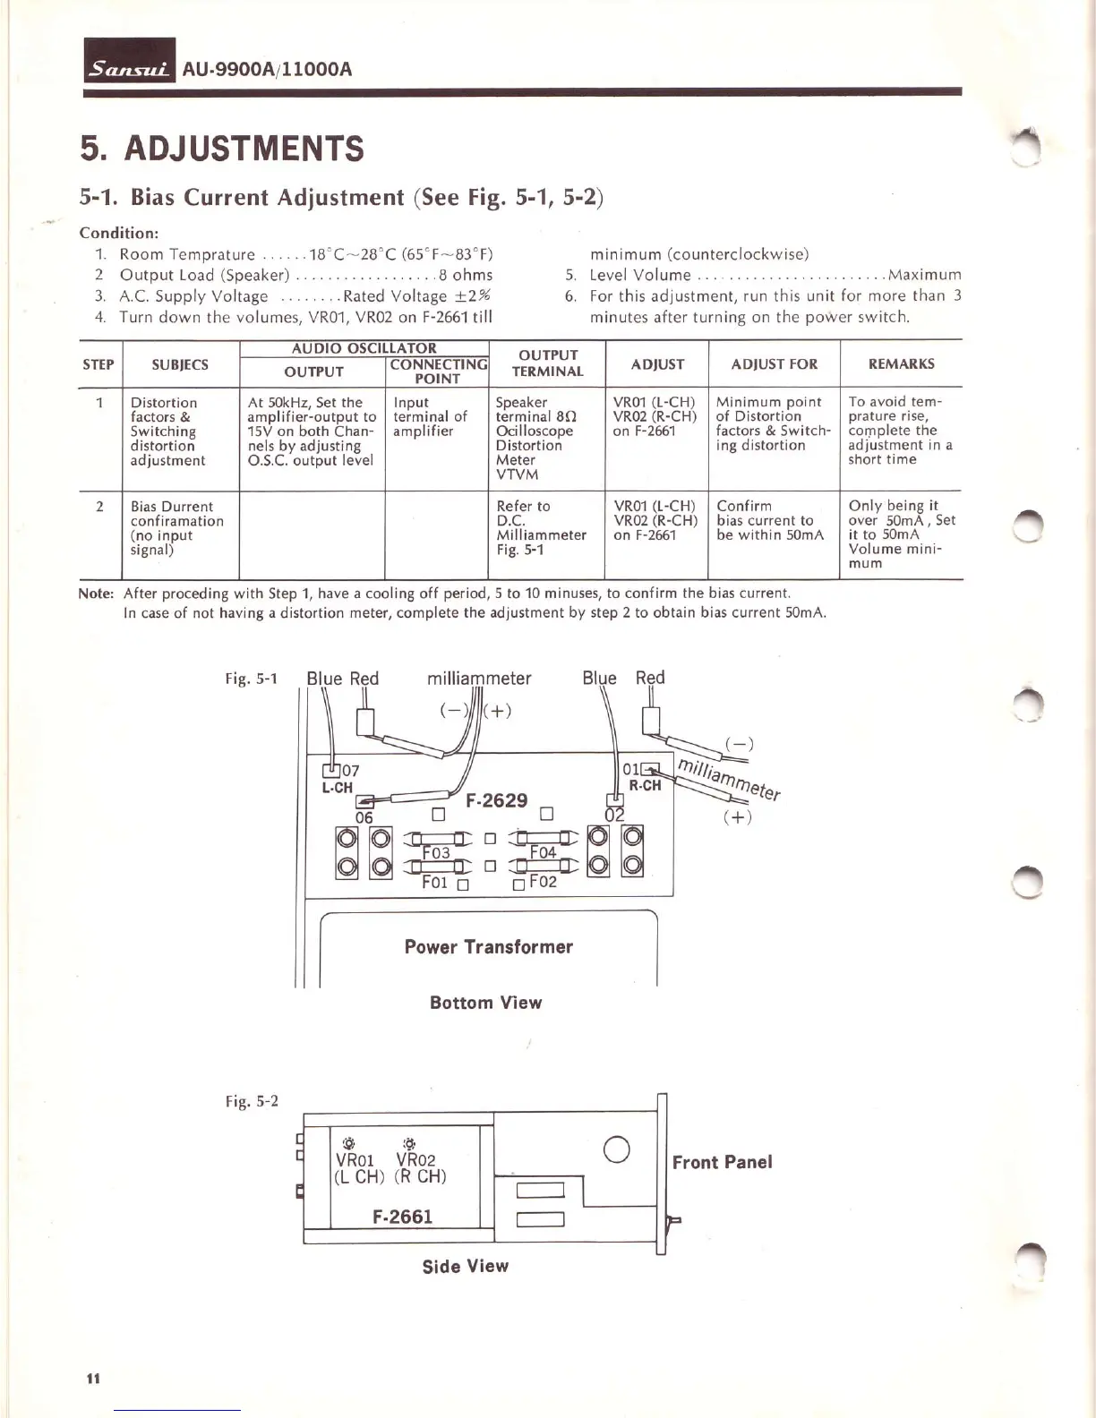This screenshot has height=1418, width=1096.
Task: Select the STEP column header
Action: pyautogui.click(x=98, y=364)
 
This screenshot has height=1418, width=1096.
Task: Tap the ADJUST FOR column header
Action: pyautogui.click(x=774, y=364)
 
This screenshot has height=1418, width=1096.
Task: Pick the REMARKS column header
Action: pyautogui.click(x=901, y=364)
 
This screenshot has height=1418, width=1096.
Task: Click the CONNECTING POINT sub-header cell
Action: pyautogui.click(x=438, y=372)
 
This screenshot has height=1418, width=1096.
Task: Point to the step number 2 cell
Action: pyautogui.click(x=98, y=507)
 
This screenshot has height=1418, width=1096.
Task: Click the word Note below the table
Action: pyautogui.click(x=96, y=594)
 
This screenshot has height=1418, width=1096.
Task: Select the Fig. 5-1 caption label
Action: pyautogui.click(x=251, y=679)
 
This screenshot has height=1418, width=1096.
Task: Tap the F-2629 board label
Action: pyautogui.click(x=497, y=800)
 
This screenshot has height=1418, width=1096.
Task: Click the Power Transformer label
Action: pyautogui.click(x=488, y=947)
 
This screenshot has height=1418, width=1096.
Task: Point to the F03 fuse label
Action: pyautogui.click(x=436, y=853)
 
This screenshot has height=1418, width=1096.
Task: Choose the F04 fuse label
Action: pyautogui.click(x=543, y=852)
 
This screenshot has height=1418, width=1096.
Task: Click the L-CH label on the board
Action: pyautogui.click(x=338, y=788)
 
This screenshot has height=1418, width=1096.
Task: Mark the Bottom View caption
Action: pyautogui.click(x=485, y=1003)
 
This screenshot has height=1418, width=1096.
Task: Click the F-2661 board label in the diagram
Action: pyautogui.click(x=402, y=1217)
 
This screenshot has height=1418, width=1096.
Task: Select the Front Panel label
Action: pyautogui.click(x=722, y=1162)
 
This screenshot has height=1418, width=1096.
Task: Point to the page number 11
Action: pyautogui.click(x=92, y=1379)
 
